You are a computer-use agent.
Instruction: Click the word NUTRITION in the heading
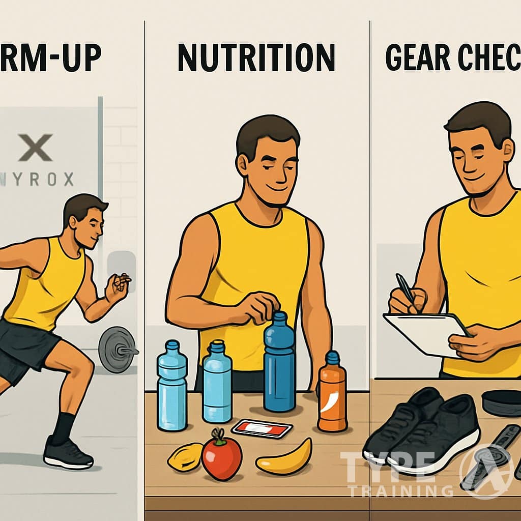coord(256,57)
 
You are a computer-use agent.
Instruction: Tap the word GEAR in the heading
coord(418,57)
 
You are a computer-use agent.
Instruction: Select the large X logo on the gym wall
coord(35,147)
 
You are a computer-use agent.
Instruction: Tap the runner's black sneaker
coord(68,453)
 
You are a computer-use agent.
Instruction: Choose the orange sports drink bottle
coord(332,392)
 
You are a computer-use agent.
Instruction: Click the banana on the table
coord(285,458)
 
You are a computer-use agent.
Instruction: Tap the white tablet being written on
coord(422,333)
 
